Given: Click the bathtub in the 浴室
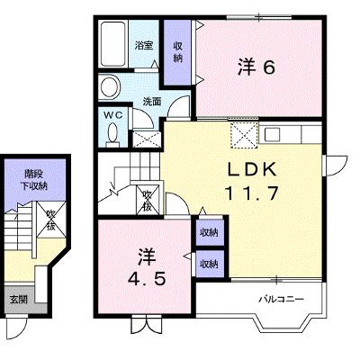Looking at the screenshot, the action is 112,44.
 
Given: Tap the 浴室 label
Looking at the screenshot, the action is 144,46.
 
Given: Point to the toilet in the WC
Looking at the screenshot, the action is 112,135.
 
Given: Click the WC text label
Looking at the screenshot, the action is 113,115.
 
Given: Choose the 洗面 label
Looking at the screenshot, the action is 152,102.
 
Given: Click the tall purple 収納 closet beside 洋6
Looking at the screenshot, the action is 177,52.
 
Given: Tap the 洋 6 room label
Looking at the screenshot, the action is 256,67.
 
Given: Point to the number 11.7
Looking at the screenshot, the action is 251,193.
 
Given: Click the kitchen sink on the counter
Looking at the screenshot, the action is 272,133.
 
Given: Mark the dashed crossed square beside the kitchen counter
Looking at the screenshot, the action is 244,135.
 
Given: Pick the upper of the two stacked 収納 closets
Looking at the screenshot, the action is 210,232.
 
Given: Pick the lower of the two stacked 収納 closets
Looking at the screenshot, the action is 210,264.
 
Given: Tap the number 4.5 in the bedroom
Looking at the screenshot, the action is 147,280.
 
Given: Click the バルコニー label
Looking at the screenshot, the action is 282,299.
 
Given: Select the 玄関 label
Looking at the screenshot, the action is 19,299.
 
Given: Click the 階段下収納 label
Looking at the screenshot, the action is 36,180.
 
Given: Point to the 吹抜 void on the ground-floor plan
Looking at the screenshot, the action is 51,220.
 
